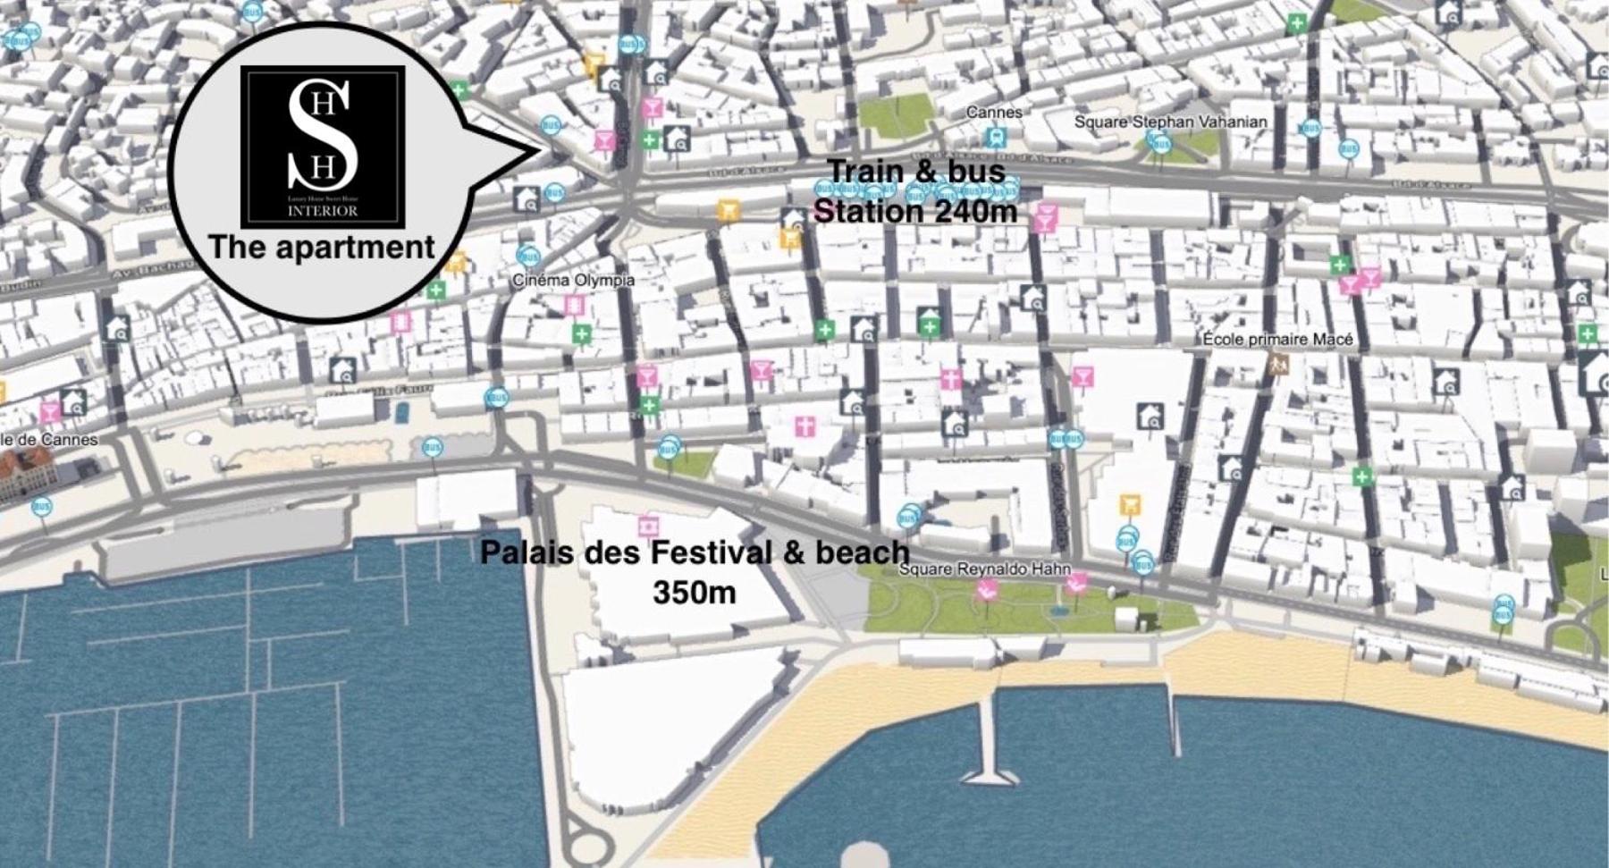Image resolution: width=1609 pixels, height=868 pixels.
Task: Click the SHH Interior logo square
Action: [322, 146]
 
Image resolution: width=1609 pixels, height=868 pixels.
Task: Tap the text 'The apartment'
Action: [322, 248]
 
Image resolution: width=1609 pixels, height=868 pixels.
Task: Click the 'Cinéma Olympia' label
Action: [573, 280]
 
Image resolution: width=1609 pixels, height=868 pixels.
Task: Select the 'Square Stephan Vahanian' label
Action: [1170, 122]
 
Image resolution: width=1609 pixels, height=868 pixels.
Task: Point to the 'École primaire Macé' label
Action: [1277, 340]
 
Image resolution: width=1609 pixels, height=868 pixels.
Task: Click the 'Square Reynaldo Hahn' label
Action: [983, 569]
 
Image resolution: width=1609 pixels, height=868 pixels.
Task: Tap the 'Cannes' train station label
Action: [993, 113]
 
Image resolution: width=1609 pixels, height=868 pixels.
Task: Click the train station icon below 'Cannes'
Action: [993, 137]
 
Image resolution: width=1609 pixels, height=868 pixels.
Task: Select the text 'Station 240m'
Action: [915, 212]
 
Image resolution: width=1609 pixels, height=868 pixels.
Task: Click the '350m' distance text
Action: [694, 592]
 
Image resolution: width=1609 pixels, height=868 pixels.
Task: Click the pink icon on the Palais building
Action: [648, 526]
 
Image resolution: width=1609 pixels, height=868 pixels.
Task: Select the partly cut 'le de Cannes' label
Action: [49, 440]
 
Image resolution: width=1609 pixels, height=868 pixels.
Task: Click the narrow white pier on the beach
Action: [990, 742]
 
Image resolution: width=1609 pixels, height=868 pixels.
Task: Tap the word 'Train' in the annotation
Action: [862, 170]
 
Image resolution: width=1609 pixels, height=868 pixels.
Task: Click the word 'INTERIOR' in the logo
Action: [322, 211]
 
